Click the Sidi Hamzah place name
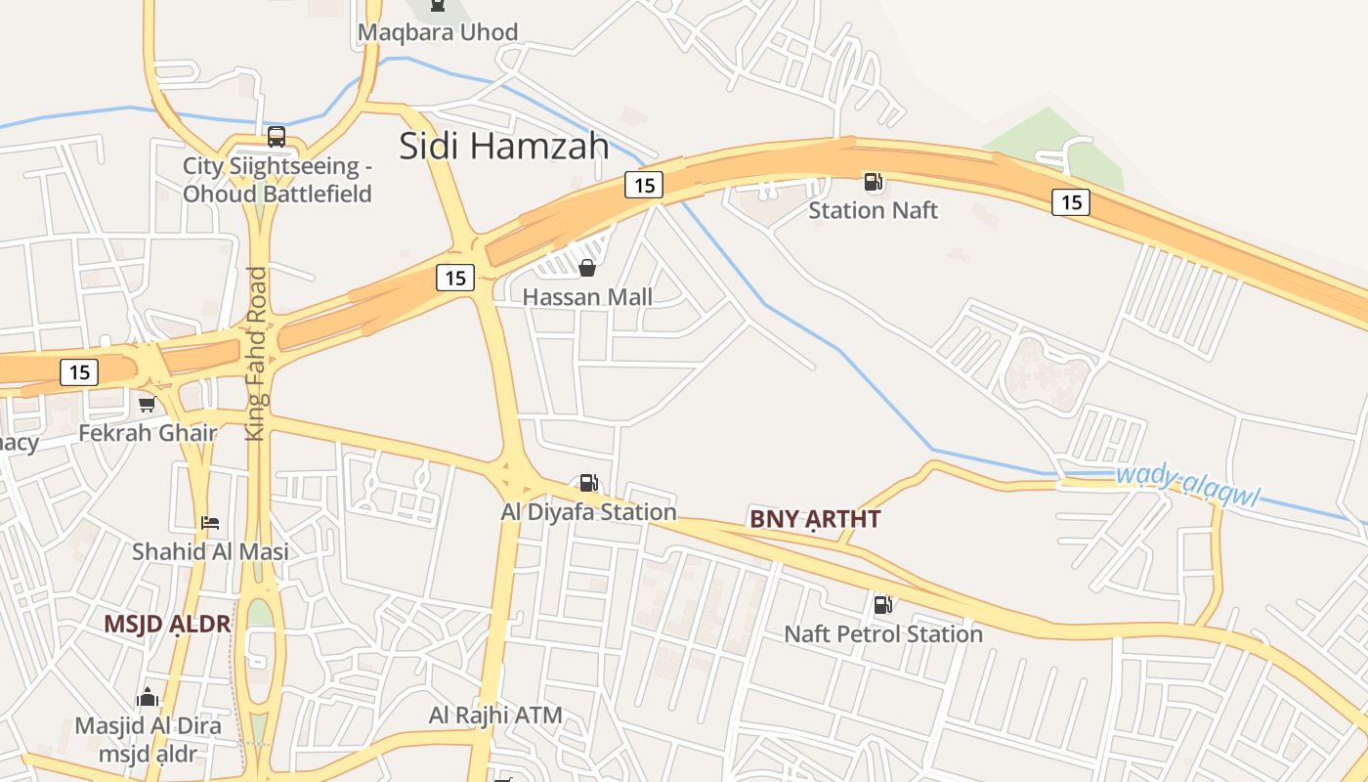503,146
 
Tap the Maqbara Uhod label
437,32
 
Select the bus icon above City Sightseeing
277,137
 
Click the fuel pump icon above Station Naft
873,182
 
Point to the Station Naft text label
873,210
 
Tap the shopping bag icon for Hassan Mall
587,268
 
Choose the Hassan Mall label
587,297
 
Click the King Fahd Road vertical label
256,353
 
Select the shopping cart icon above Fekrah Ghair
147,404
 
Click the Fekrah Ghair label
147,432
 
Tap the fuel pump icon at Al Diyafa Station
587,482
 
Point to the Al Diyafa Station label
588,511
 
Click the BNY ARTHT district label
815,519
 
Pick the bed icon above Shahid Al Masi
210,523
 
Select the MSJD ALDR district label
167,624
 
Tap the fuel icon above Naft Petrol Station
882,605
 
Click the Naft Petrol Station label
882,634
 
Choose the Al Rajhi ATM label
495,716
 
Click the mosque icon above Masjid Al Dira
148,698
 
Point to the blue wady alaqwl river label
1186,487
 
